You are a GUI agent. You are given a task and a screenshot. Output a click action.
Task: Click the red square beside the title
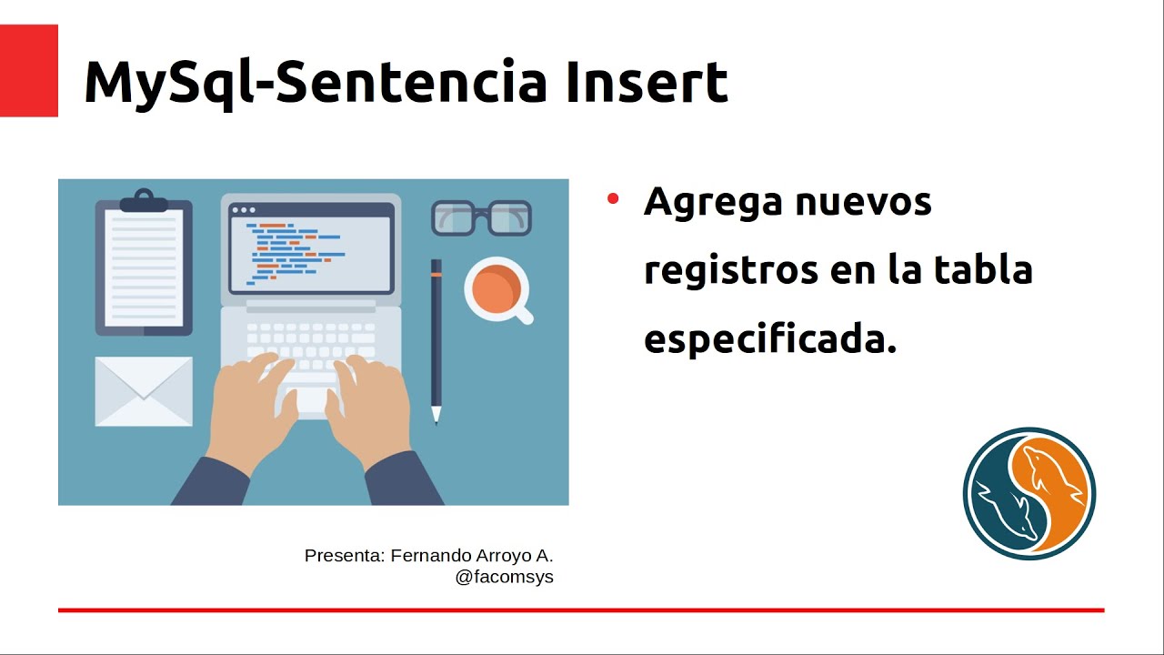(28, 70)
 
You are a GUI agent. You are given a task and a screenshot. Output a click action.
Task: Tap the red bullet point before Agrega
(613, 198)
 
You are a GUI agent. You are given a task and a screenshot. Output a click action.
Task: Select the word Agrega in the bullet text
(712, 203)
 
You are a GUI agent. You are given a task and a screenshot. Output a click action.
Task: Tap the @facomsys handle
(504, 577)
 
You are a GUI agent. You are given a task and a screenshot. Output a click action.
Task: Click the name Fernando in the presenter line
(432, 556)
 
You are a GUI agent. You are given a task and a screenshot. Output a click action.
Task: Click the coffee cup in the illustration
(496, 288)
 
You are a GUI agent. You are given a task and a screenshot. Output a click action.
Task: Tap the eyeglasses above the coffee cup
(480, 218)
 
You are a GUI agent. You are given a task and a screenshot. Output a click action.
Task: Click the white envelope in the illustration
(144, 391)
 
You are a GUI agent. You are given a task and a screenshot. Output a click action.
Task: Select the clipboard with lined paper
(144, 268)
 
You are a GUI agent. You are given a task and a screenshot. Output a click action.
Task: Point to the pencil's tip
(436, 418)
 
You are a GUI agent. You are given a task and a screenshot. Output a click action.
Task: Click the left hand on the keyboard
(250, 409)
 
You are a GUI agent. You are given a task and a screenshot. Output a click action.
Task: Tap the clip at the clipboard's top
(144, 199)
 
